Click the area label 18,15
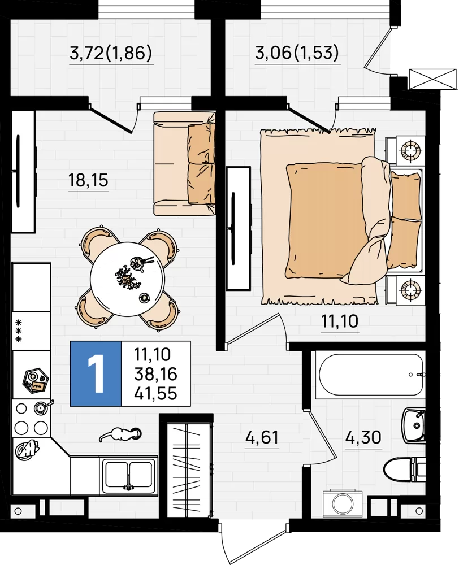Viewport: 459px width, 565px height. pos(88,180)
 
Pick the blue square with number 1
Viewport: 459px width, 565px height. pos(96,373)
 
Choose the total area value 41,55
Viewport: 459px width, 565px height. pos(156,393)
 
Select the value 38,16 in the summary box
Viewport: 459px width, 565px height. pos(156,374)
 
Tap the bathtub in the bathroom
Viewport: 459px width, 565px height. pos(370,375)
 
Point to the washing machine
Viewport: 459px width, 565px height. pos(341,502)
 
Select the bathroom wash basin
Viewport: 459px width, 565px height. pos(414,425)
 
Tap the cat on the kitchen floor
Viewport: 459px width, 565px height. pos(120,433)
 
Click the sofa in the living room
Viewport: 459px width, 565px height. pos(184,164)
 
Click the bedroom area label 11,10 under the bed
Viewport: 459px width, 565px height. pos(340,321)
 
